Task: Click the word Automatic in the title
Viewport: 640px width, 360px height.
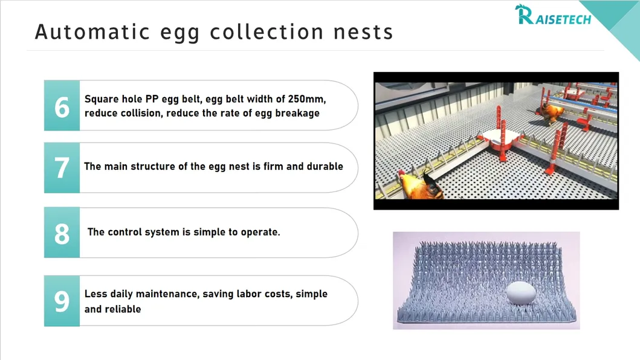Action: [x=91, y=31]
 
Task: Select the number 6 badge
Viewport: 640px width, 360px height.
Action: [x=62, y=106]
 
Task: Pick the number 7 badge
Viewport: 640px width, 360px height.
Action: [x=62, y=168]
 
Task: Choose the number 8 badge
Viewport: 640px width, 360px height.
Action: [x=62, y=233]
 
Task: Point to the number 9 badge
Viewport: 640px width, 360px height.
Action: [x=62, y=301]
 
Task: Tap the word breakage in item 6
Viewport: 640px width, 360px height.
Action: [x=297, y=113]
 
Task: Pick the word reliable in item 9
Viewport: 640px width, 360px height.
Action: [x=121, y=309]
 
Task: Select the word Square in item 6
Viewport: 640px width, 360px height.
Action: [x=102, y=98]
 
